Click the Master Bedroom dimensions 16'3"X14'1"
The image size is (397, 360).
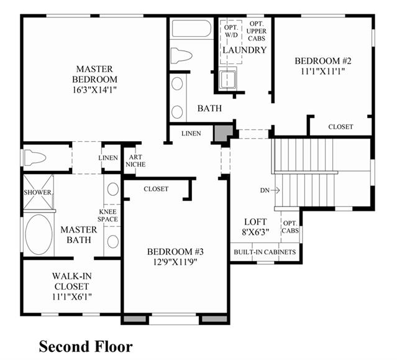point(94,90)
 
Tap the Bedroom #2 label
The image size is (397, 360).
point(323,61)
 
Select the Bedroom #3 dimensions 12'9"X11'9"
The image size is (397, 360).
point(175,262)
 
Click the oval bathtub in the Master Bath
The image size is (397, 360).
point(39,234)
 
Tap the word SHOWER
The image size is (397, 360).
point(37,192)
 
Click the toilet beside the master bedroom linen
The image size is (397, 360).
point(35,157)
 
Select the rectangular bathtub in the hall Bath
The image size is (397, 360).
point(191,29)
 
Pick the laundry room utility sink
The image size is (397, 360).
point(228,79)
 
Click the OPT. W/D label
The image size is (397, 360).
point(231,31)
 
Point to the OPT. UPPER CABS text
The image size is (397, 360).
point(257,31)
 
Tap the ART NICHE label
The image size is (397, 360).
point(135,160)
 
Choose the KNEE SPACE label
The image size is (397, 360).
point(108,215)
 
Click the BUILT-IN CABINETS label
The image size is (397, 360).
point(265,252)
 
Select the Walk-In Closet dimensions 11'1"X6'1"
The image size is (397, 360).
point(72,297)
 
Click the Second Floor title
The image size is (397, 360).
point(86,346)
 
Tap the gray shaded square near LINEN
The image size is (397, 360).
point(224,133)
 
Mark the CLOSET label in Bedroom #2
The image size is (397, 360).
point(340,127)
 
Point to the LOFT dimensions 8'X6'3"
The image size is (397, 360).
point(255,232)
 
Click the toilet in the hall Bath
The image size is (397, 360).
point(181,55)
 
